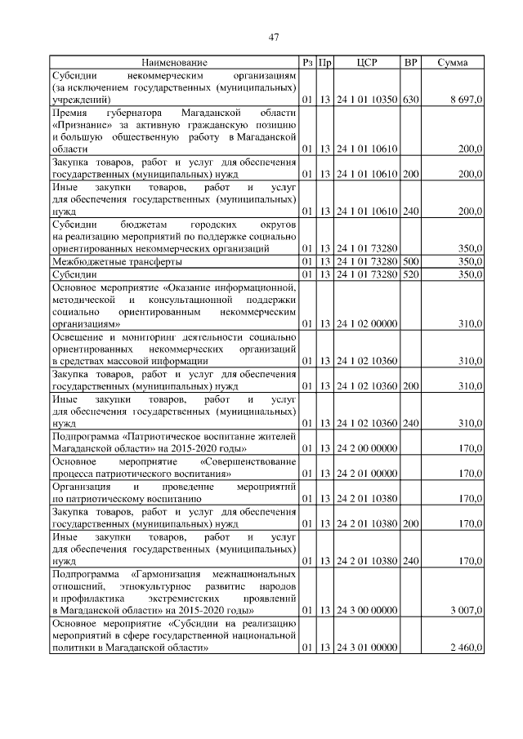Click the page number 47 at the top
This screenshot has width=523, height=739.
click(274, 37)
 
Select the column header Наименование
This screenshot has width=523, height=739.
click(173, 62)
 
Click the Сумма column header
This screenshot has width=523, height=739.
click(452, 62)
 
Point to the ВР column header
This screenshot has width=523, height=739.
click(410, 62)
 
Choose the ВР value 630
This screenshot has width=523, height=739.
click(410, 99)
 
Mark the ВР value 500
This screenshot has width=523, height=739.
click(410, 261)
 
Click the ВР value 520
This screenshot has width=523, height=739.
click(410, 274)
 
